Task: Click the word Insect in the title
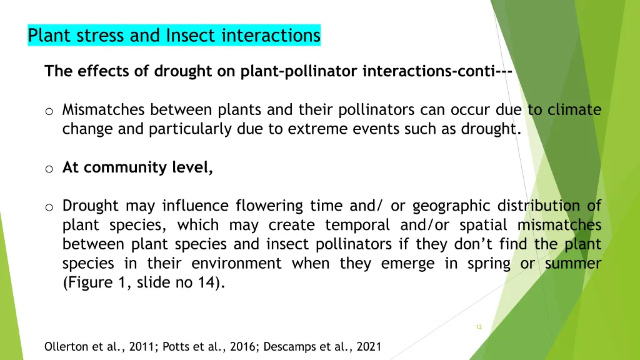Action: (x=186, y=36)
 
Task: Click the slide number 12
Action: (x=479, y=327)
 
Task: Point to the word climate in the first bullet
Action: (x=574, y=111)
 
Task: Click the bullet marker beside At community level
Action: (x=49, y=168)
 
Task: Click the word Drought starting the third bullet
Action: (x=91, y=206)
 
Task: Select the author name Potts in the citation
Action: (x=177, y=346)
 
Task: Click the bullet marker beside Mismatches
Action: (x=49, y=111)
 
